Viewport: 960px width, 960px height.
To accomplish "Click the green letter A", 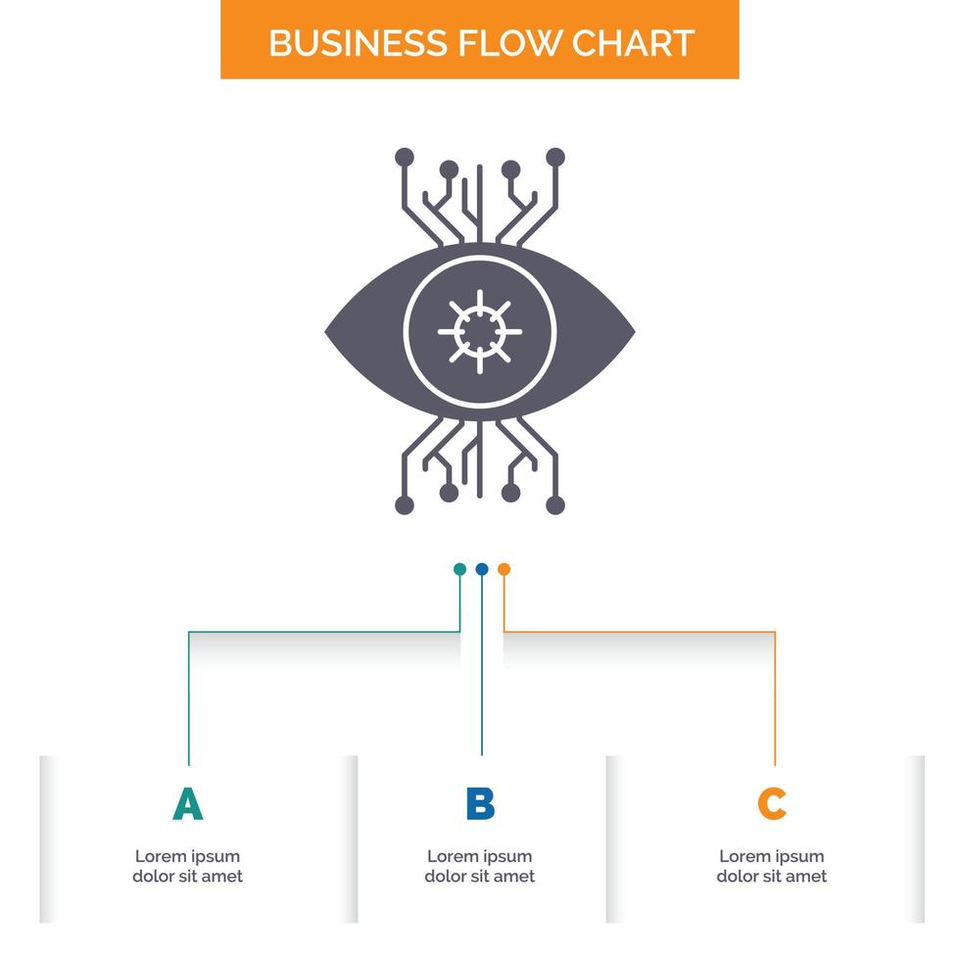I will pos(187,804).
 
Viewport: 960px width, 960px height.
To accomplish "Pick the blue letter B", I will pos(480,804).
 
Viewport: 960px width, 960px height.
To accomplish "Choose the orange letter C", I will pos(772,804).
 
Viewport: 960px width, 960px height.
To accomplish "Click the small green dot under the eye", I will pos(459,568).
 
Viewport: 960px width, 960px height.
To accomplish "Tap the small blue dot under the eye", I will pos(481,568).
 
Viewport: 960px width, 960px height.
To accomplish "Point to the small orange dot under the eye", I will pos(504,568).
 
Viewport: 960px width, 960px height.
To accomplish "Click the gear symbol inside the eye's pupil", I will pos(480,331).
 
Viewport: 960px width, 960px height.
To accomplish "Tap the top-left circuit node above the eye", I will pos(405,157).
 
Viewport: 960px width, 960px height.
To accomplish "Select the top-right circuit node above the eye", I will pos(555,157).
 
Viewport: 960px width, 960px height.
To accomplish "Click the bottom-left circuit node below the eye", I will pos(405,504).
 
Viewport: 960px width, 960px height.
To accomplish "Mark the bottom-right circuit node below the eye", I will pos(555,504).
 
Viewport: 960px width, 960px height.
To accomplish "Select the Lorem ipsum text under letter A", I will pos(187,866).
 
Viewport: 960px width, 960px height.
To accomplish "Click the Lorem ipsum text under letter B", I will pos(480,866).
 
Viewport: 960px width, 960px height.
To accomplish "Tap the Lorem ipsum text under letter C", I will pos(772,866).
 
